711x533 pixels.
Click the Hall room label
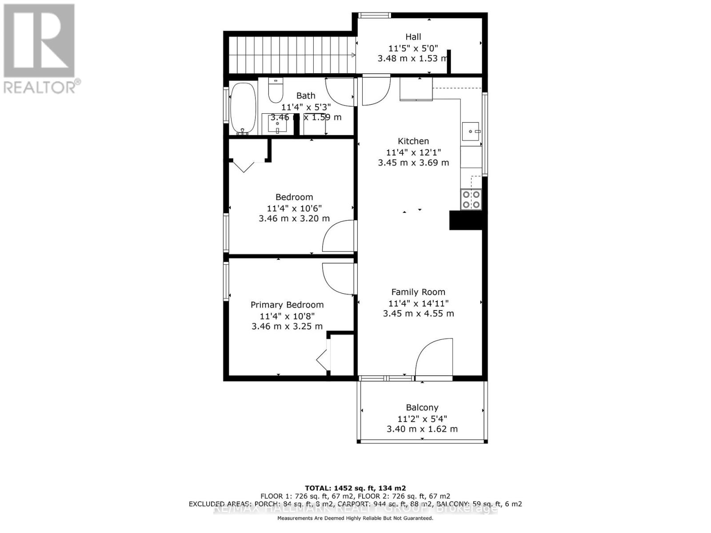[413, 37]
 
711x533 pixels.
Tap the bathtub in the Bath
[243, 108]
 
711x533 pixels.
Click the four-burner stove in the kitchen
[471, 199]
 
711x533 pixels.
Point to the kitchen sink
[470, 131]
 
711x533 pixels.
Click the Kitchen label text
[413, 141]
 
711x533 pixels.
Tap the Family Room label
[418, 292]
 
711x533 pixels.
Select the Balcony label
[422, 408]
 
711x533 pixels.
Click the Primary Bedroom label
[287, 305]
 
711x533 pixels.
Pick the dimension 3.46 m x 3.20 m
[294, 219]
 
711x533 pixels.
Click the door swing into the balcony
[433, 358]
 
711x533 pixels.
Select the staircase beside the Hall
[291, 55]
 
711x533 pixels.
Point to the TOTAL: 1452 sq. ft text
[355, 488]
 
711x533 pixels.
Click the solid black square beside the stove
[466, 221]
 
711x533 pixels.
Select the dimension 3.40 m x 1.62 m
[422, 429]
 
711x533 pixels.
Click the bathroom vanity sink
[277, 124]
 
